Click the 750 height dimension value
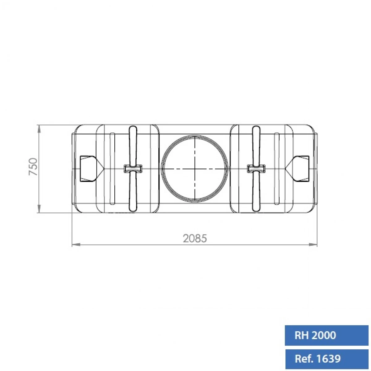(33, 167)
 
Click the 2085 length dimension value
(194, 238)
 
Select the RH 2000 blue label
(326, 335)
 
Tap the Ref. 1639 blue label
(326, 359)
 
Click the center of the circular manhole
(195, 169)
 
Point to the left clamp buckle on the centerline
(133, 169)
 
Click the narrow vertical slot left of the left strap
(113, 169)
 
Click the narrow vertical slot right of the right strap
(277, 169)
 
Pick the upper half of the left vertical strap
(133, 145)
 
